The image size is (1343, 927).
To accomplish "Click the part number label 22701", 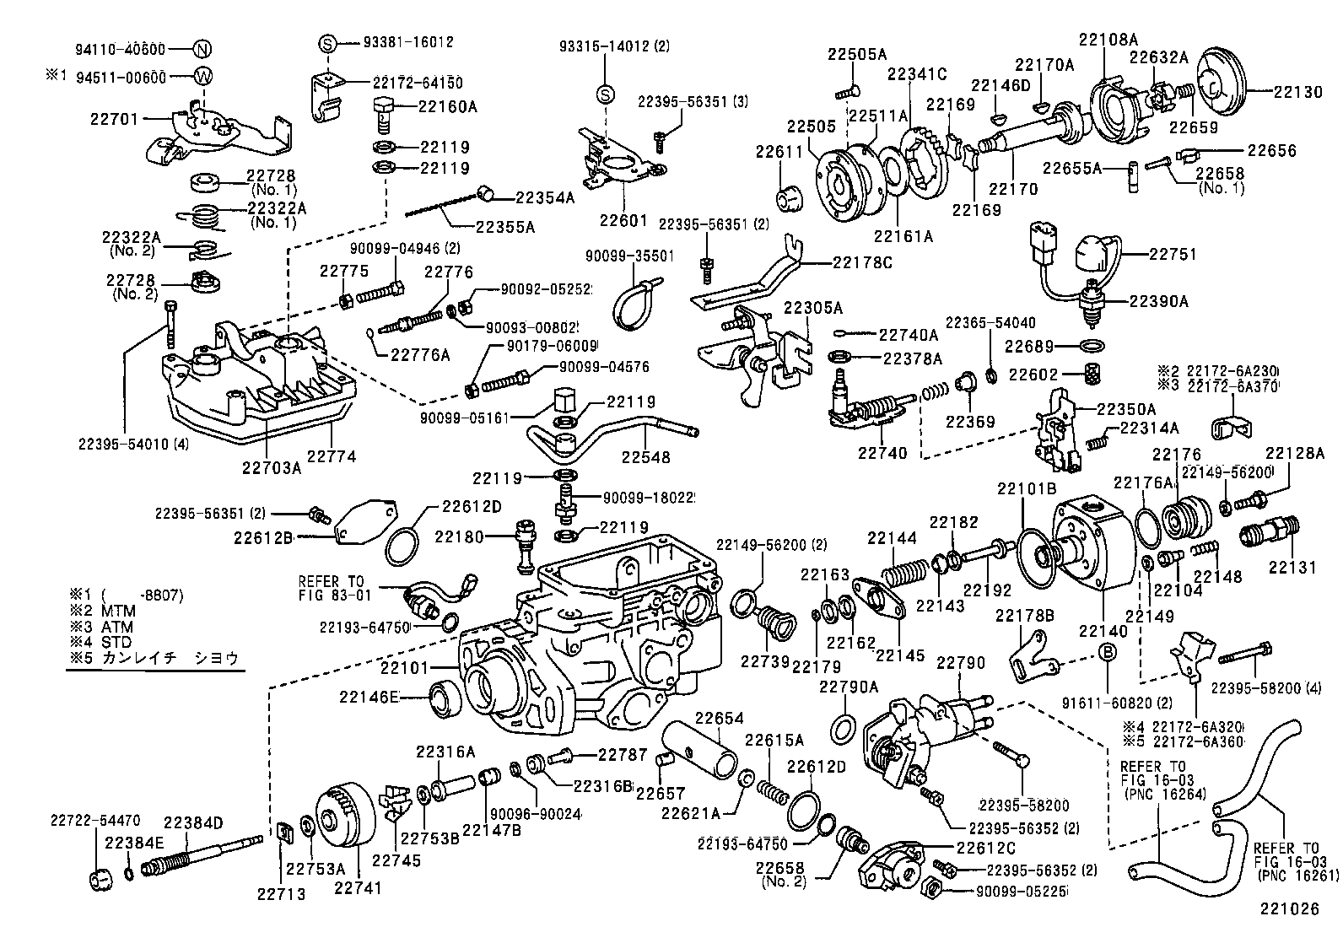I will click(113, 120).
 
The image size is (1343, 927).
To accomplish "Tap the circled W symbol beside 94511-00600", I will click(202, 77).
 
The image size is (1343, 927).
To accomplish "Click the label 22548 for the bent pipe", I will click(646, 457).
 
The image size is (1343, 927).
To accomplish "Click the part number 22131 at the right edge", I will click(1292, 567).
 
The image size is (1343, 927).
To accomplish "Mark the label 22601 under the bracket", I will click(623, 220).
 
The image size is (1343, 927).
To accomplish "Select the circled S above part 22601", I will click(604, 93).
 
